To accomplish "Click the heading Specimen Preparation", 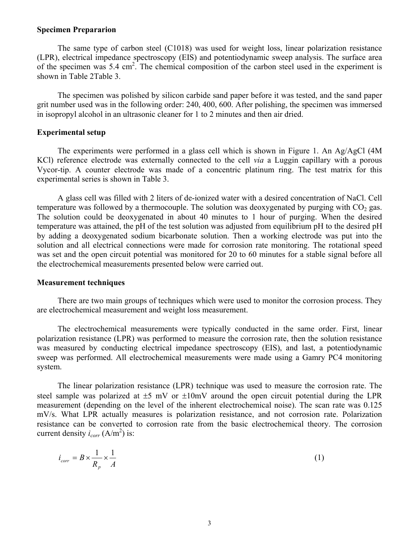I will coord(76,30).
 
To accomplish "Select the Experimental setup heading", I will coord(71,132).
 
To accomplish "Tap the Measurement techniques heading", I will coord(81,282).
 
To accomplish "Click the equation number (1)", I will coord(319,457).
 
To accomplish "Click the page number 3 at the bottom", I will coord(209,523).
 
